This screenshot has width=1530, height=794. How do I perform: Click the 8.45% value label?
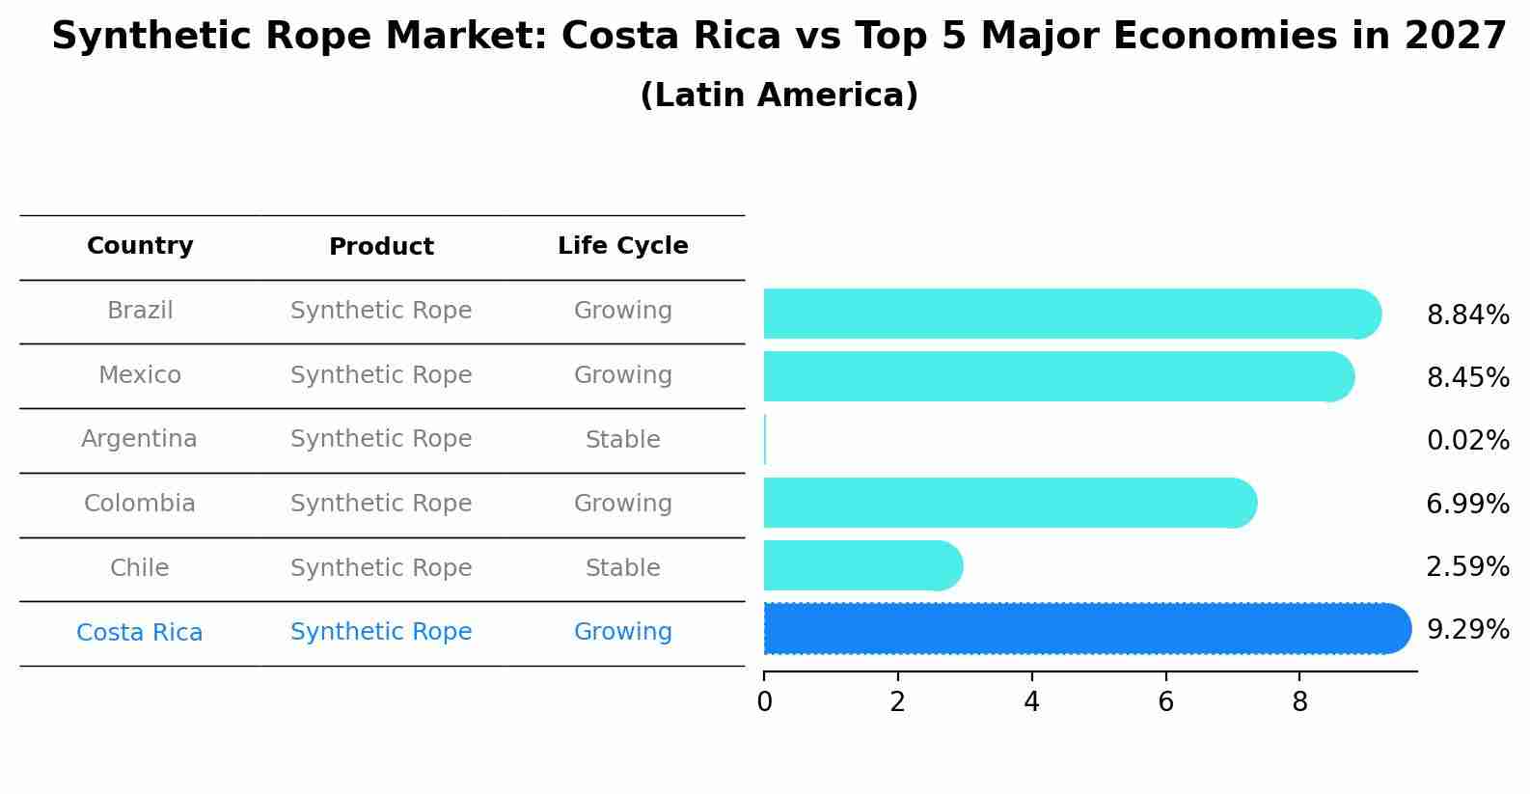[1467, 377]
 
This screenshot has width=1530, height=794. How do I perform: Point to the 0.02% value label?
[1467, 440]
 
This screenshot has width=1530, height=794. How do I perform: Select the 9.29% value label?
[1467, 629]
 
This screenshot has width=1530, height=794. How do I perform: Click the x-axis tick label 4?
[1031, 702]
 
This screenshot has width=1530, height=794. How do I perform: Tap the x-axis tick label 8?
[1299, 702]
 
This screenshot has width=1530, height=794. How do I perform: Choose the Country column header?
[140, 246]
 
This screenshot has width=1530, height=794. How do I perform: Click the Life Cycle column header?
[622, 246]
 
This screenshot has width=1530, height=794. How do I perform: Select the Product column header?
[381, 247]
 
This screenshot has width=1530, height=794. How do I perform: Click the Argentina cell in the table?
[139, 439]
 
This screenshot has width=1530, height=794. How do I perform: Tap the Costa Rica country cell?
[139, 632]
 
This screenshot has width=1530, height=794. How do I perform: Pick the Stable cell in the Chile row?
[622, 567]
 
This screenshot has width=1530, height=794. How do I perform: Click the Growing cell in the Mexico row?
[622, 374]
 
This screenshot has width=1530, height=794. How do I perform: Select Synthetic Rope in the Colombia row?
[381, 503]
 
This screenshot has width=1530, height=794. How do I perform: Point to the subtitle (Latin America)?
[779, 96]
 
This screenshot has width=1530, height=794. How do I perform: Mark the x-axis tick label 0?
[764, 702]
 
